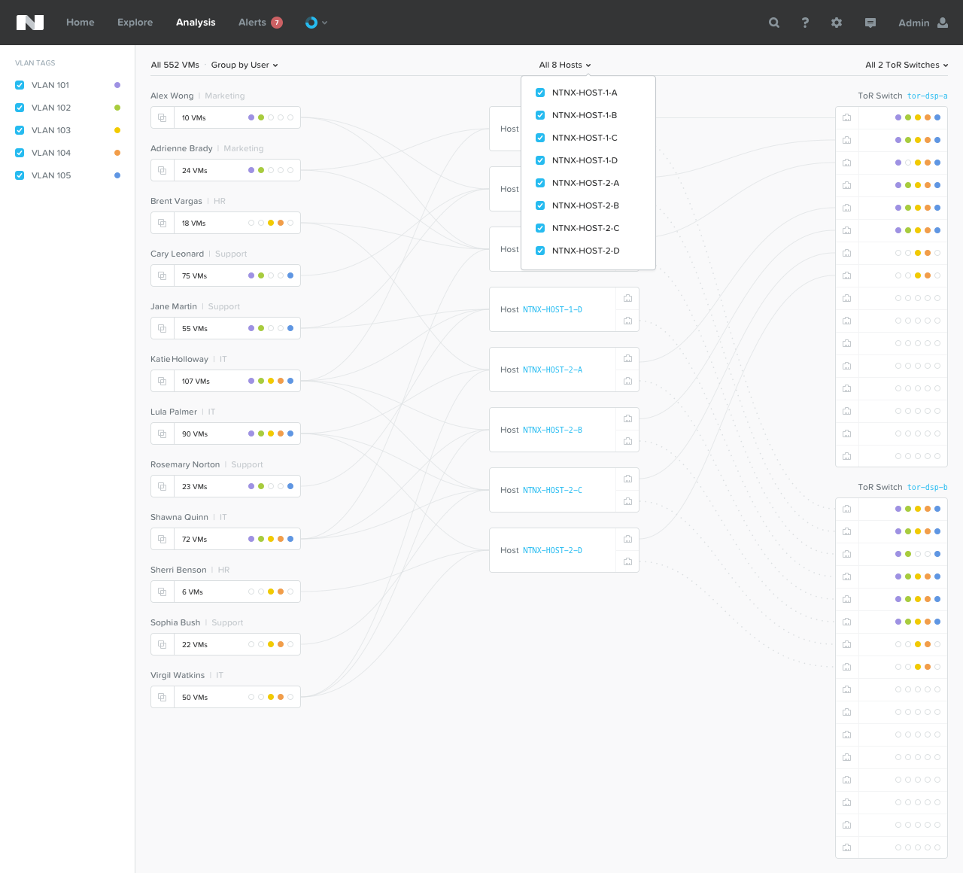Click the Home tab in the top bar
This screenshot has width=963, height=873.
(x=81, y=22)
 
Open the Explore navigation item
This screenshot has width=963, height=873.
(x=135, y=22)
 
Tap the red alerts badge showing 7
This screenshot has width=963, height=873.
(x=277, y=23)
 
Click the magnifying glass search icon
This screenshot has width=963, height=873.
(x=774, y=23)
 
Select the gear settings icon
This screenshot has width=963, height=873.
(x=837, y=23)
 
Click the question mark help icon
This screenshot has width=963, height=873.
(x=805, y=23)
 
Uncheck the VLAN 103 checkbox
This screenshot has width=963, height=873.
(x=20, y=130)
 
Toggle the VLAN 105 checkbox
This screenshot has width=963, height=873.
(x=20, y=175)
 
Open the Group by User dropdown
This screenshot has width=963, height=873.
(x=245, y=65)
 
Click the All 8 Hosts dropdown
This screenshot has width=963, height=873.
(x=564, y=65)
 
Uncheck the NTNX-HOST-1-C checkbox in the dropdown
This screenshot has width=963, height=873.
(x=540, y=138)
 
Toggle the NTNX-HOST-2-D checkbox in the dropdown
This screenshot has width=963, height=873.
(x=540, y=251)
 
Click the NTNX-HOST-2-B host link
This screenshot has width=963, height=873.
(x=552, y=430)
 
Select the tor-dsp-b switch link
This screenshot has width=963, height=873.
(x=928, y=487)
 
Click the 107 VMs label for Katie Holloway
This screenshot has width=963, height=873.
(x=196, y=382)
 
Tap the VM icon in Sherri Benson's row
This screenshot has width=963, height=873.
(x=163, y=592)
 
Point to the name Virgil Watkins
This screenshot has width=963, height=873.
(x=178, y=675)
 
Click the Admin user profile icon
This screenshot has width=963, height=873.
(x=943, y=23)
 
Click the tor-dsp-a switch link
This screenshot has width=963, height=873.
(x=928, y=96)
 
